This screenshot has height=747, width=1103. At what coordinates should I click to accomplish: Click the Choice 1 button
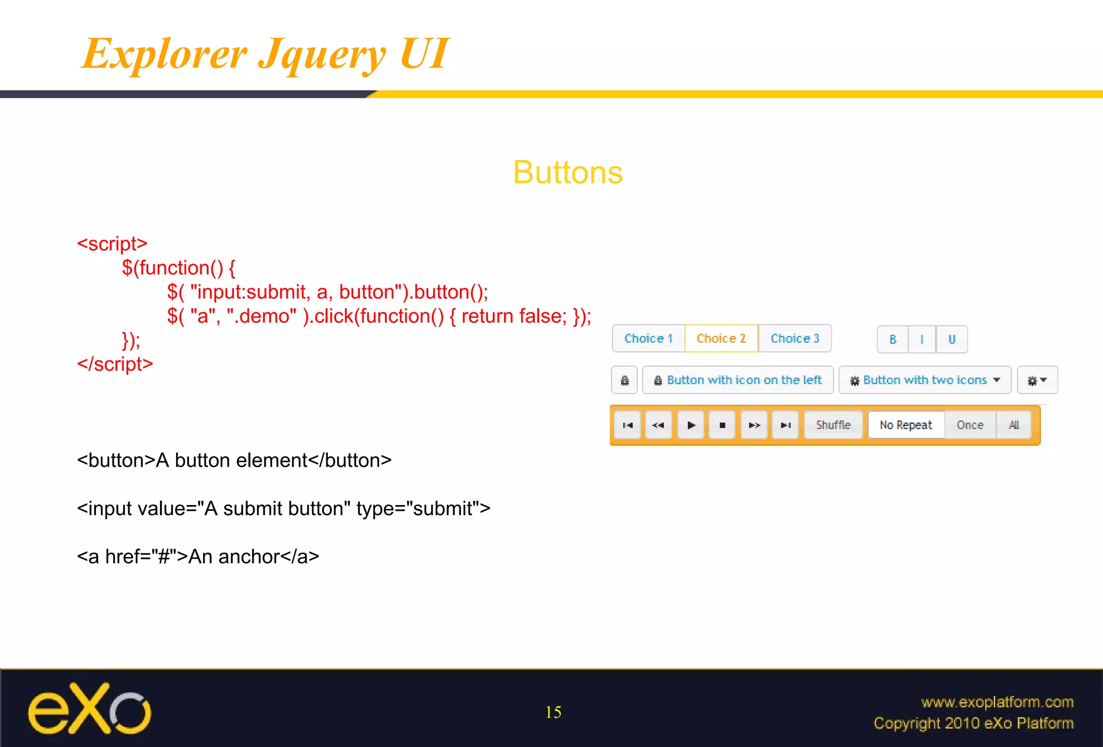pos(648,338)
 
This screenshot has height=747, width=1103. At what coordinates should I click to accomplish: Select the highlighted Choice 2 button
pos(721,338)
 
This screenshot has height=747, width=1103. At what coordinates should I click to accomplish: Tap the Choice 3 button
pos(794,338)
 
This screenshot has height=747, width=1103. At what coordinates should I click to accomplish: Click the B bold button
pos(892,340)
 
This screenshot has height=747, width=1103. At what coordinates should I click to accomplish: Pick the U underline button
pos(952,340)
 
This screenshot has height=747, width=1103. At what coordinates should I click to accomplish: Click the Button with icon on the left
pos(738,380)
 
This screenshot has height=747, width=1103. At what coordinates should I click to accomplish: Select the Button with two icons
pos(925,380)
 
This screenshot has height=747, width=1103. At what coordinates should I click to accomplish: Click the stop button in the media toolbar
pos(722,425)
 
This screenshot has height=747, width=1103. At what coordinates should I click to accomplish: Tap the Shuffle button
pos(833,425)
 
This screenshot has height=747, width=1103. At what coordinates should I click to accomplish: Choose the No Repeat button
pos(906,425)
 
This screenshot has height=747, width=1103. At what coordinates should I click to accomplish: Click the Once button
pos(970,425)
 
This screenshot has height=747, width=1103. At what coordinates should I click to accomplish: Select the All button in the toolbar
pos(1014,425)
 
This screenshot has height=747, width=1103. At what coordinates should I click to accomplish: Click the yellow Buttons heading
pos(568,172)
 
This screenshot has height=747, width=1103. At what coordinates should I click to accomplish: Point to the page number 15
pos(553,713)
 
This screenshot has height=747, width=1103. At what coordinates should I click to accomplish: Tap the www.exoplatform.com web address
pos(997,702)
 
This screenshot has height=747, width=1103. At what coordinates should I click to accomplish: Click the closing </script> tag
pos(115,364)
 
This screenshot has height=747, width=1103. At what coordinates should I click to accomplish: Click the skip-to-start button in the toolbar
pos(627,425)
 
